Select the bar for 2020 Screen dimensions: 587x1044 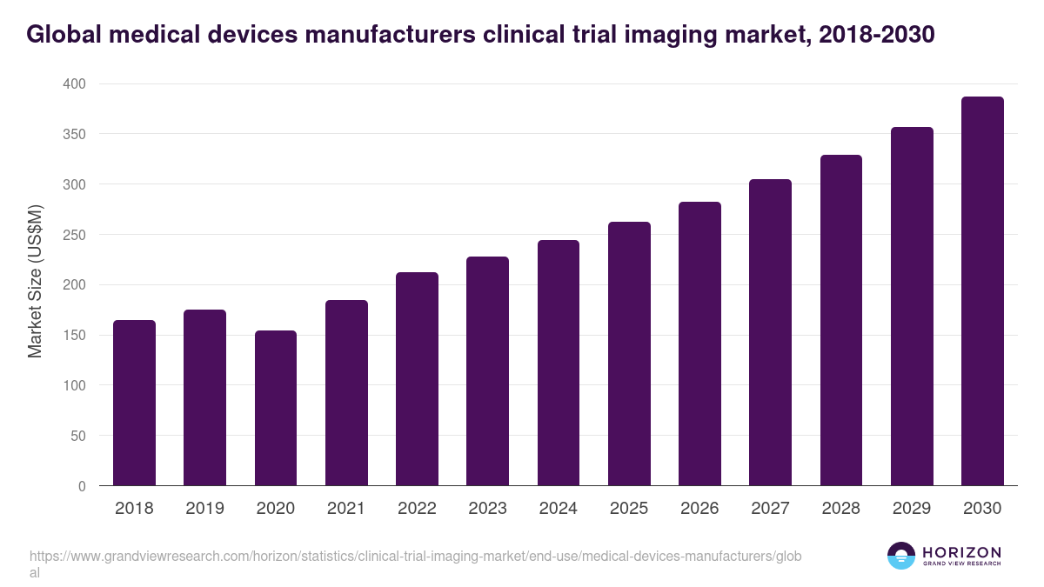(275, 408)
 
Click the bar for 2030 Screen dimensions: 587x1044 (982, 291)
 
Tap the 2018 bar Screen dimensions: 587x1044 (134, 403)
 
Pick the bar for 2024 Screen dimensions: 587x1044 (558, 363)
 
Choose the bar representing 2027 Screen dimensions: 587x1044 (770, 332)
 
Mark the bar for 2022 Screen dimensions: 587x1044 (417, 379)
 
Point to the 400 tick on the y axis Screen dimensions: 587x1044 (74, 84)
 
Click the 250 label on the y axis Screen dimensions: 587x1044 (74, 235)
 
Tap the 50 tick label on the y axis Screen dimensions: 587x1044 (77, 436)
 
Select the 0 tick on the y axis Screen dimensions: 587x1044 (82, 486)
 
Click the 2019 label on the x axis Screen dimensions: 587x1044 (204, 509)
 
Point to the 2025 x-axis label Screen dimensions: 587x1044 (628, 509)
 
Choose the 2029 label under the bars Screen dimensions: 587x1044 (911, 509)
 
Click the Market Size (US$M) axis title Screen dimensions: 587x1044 (35, 281)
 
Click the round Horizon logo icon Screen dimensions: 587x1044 (900, 556)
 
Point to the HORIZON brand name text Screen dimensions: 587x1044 (961, 551)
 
